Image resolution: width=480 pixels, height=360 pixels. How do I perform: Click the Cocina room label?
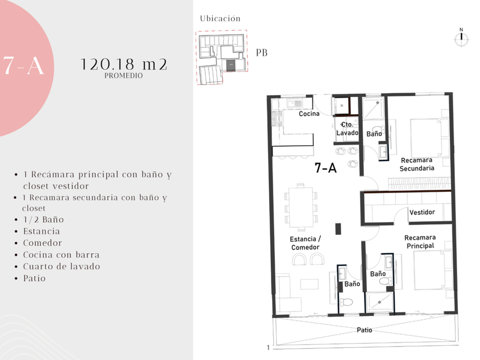[x=309, y=114]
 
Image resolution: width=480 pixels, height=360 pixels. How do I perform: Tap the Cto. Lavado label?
[x=347, y=129]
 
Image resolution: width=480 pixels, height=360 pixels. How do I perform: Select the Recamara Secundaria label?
[x=417, y=164]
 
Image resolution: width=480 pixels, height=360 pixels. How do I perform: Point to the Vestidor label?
[x=422, y=212]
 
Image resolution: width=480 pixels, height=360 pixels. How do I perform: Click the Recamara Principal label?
[x=420, y=242]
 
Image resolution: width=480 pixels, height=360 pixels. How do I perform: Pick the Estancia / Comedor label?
[x=305, y=243]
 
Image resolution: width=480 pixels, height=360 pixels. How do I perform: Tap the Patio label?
[x=365, y=330]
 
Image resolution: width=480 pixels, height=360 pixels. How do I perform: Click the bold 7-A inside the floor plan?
[x=326, y=168]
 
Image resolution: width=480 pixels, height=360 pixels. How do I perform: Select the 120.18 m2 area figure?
[x=123, y=64]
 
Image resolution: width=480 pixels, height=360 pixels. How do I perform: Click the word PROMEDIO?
[x=123, y=75]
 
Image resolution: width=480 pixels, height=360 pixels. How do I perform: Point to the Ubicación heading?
[x=220, y=19]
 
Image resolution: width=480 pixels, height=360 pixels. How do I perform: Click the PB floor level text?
[x=262, y=53]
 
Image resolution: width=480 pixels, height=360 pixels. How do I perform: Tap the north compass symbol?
[x=461, y=38]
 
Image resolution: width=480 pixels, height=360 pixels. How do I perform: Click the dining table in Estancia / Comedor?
[x=301, y=207]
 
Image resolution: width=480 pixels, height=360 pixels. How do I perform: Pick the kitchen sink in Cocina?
[x=294, y=103]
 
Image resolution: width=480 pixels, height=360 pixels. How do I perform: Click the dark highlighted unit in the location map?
[x=230, y=66]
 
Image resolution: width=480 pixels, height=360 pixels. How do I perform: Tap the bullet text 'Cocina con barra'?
[x=61, y=255]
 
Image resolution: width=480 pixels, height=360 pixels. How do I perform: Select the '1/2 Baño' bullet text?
[x=43, y=220]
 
